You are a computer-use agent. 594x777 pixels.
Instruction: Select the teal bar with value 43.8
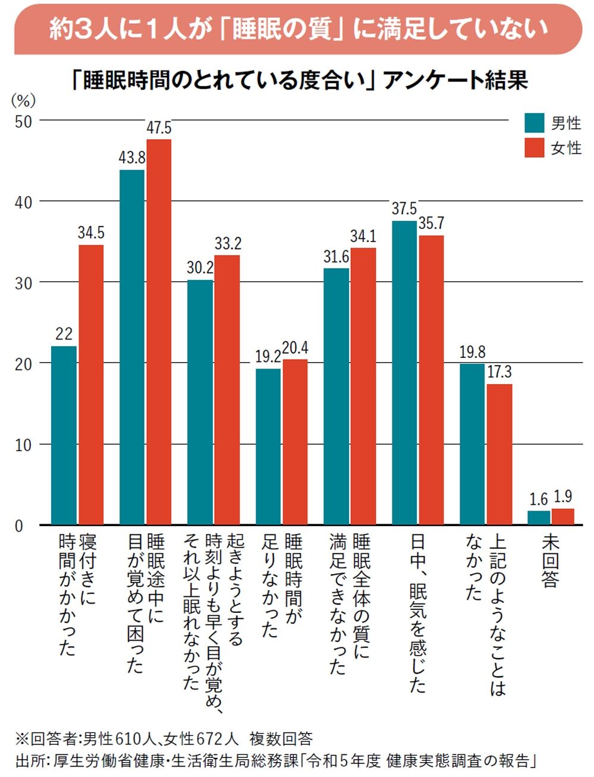tap(131, 347)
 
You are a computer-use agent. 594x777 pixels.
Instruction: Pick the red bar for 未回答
tap(562, 517)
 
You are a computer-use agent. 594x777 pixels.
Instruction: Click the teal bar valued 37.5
tap(404, 373)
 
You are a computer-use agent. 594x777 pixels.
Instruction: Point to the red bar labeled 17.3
tap(499, 454)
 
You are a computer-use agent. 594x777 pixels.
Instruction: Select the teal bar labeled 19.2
tap(268, 446)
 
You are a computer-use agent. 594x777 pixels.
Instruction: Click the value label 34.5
tap(91, 232)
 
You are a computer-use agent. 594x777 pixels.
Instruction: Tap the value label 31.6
tap(336, 257)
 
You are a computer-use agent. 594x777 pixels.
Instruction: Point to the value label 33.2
tap(228, 243)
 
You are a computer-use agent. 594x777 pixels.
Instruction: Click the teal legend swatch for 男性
tap(534, 122)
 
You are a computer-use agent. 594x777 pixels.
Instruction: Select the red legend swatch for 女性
tap(534, 147)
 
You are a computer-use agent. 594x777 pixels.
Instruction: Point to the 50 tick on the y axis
tap(24, 121)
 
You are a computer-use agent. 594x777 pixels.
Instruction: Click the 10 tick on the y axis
tap(24, 445)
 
